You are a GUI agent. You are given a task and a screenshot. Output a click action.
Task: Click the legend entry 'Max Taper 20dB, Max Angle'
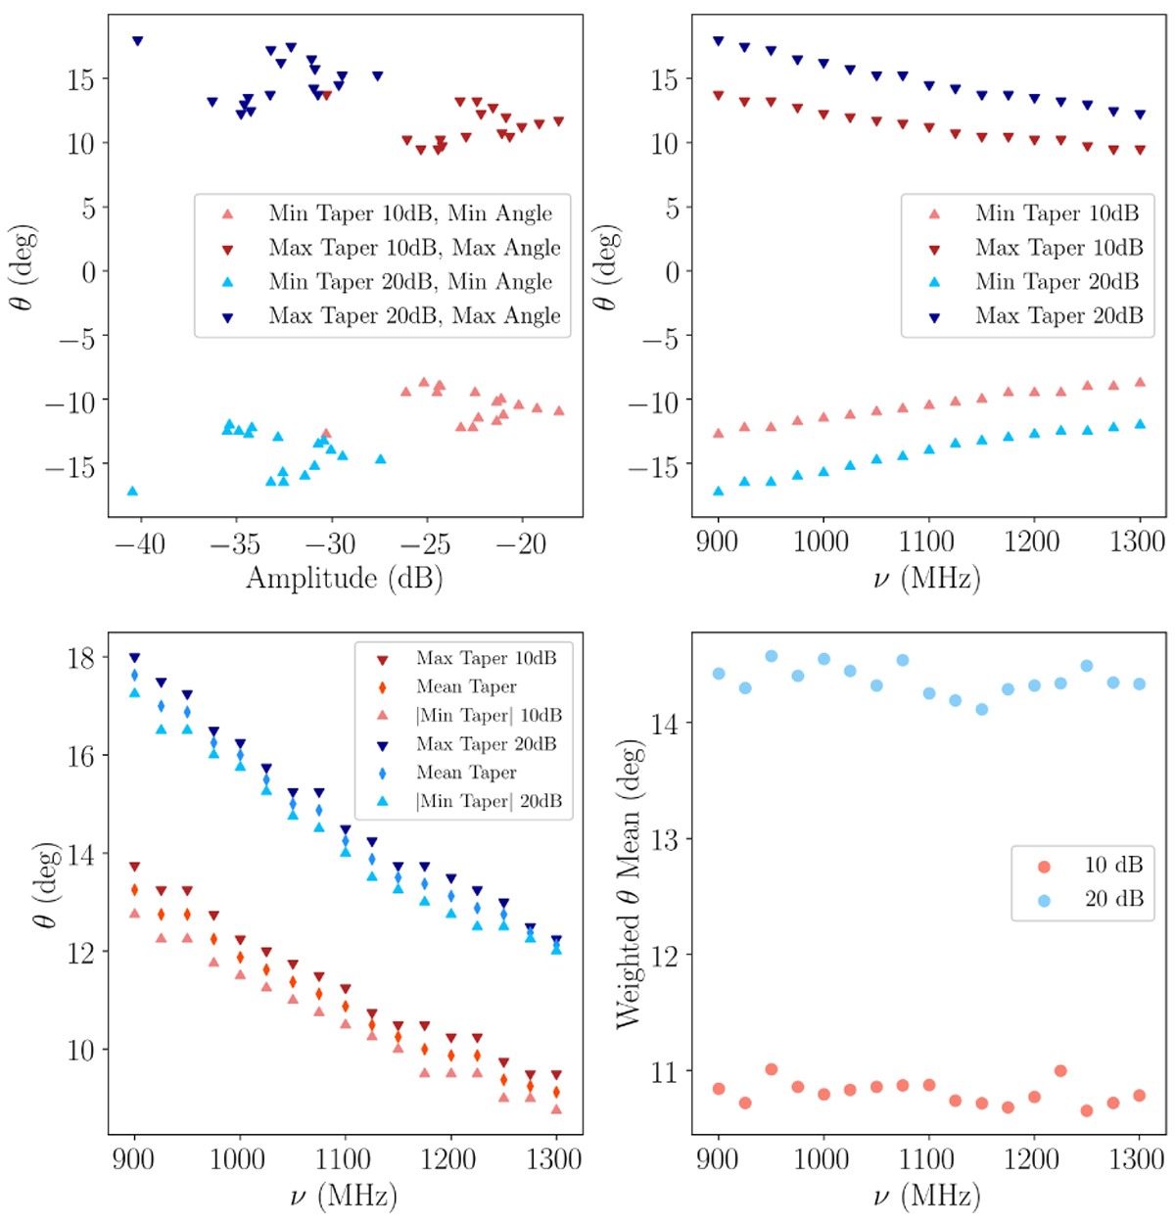(415, 316)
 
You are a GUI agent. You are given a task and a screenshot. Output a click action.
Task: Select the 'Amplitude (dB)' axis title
(344, 578)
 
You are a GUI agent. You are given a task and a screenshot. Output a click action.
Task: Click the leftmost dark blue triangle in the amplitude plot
(137, 41)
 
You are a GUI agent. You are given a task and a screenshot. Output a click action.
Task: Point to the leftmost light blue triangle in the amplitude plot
(132, 492)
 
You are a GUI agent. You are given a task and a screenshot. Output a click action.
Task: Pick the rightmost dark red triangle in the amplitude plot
(558, 121)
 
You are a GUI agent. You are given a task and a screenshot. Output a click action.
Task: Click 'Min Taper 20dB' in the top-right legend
(1057, 282)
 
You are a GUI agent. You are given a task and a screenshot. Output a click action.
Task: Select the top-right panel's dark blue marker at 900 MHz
(719, 41)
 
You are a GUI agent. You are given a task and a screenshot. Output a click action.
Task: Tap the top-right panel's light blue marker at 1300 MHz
(1140, 424)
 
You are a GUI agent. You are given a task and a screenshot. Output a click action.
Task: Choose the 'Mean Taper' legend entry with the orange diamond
(466, 686)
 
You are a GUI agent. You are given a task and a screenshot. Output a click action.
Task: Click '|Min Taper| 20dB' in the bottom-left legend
(489, 801)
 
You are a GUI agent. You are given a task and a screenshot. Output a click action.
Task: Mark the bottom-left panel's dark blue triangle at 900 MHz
(135, 658)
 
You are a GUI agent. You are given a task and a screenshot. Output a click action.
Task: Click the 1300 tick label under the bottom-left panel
(554, 1160)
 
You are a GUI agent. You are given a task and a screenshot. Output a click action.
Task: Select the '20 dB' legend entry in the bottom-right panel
(1113, 899)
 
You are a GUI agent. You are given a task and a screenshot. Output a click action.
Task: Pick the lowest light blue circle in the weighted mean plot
(981, 709)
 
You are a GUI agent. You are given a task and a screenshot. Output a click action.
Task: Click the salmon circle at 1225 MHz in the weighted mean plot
(1060, 1071)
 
